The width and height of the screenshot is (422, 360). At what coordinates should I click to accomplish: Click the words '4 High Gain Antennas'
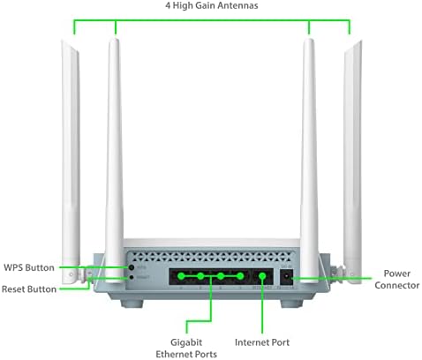coord(212,5)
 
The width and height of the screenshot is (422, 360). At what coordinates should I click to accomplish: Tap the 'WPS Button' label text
coord(29,267)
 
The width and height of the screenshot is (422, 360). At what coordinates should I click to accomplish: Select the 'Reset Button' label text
coord(29,289)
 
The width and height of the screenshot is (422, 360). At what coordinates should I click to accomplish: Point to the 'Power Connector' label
coord(397,279)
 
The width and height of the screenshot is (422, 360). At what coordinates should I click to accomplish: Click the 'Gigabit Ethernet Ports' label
coord(186,348)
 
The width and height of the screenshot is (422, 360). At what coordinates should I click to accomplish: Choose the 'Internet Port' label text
coord(262,342)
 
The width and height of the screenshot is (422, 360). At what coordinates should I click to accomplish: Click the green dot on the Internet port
coord(262,276)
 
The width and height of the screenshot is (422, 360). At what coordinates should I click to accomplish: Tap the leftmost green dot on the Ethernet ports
coord(181,276)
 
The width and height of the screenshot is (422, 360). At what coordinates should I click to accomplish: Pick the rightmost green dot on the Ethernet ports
coord(240,276)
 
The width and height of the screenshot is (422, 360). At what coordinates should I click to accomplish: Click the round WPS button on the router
coord(132,267)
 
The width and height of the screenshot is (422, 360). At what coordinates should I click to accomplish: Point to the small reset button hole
coord(132,277)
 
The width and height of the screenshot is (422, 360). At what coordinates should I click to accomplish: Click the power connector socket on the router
coord(286,277)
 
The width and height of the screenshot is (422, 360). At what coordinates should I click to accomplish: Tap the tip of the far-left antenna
coord(63,41)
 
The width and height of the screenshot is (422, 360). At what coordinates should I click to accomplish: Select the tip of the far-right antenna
coord(360,41)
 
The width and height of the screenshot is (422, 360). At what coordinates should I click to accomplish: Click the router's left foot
coord(132,304)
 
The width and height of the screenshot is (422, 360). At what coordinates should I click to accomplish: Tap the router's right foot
coord(291,304)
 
